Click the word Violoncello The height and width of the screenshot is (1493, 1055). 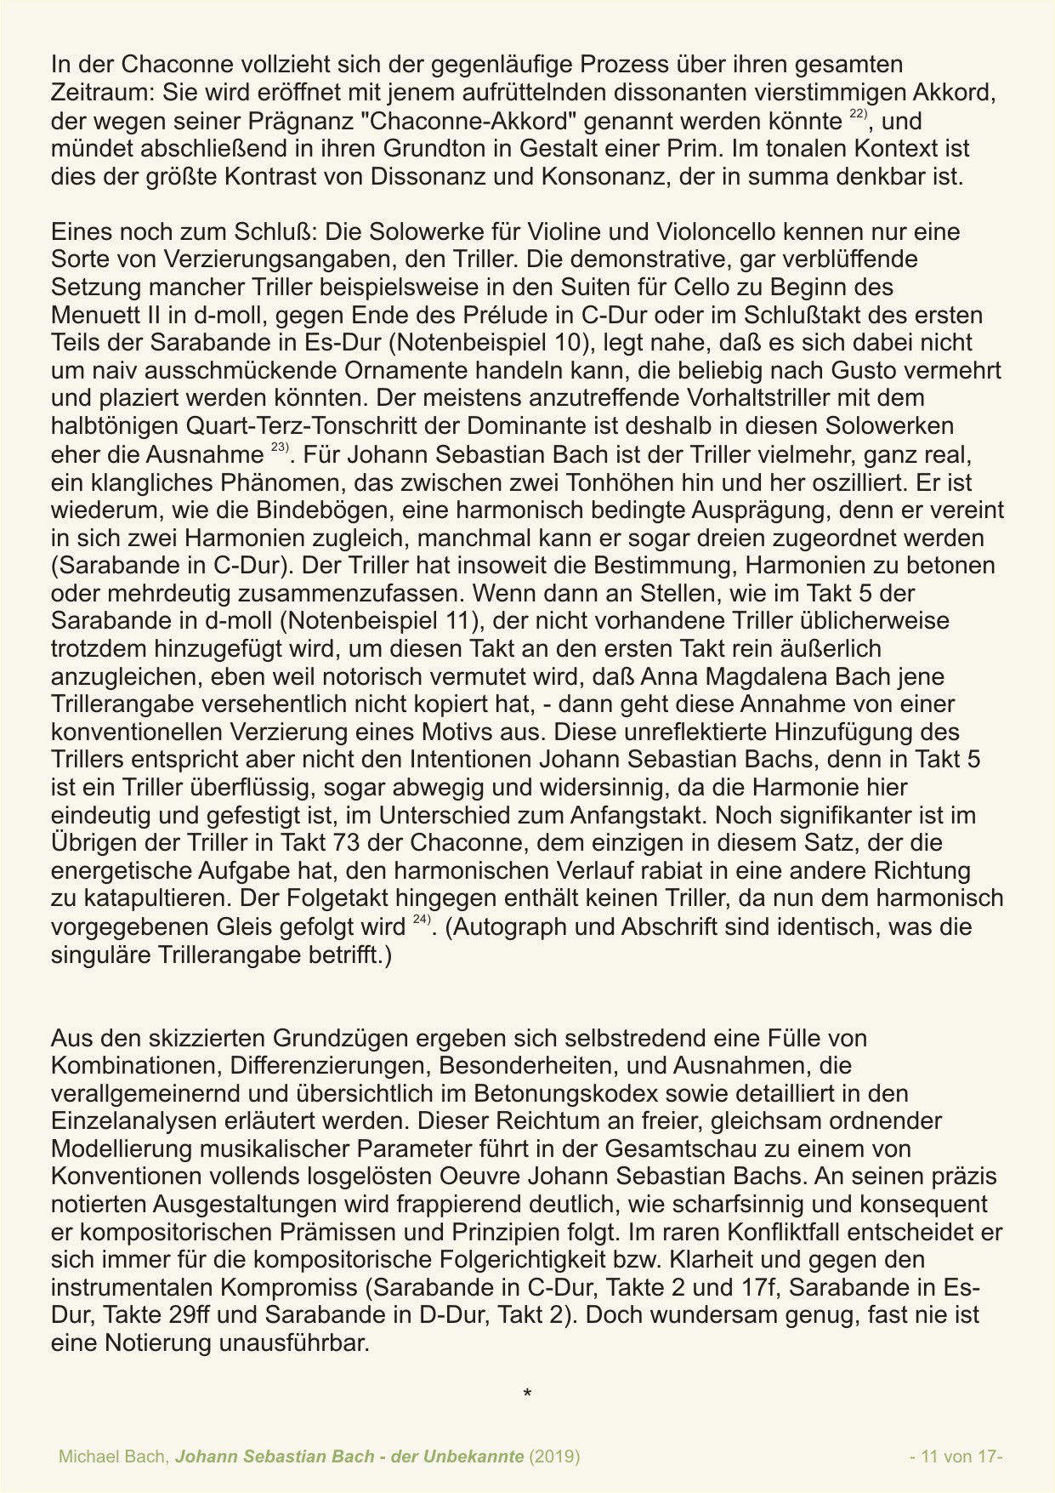(x=688, y=231)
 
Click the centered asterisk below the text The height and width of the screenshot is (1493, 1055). (x=527, y=1393)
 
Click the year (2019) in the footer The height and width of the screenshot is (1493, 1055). (x=554, y=1456)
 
